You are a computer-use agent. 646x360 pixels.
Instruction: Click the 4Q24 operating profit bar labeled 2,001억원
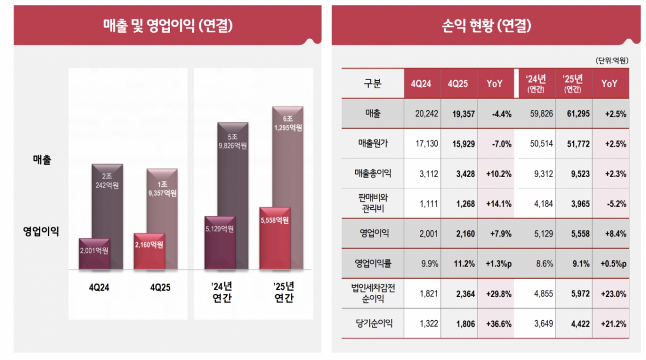94,253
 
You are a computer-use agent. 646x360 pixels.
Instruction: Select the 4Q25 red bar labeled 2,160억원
149,251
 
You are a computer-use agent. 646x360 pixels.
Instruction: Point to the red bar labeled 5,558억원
274,237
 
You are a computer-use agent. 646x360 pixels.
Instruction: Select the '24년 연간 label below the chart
219,292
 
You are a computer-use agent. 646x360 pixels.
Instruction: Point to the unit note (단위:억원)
612,61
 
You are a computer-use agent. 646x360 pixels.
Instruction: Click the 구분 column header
373,83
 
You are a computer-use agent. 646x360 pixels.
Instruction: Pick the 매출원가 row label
373,144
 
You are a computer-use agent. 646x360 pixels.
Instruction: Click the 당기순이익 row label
373,323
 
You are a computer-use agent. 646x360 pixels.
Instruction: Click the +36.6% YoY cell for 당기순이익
494,323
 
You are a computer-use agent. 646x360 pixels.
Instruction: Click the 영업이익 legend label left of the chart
41,231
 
